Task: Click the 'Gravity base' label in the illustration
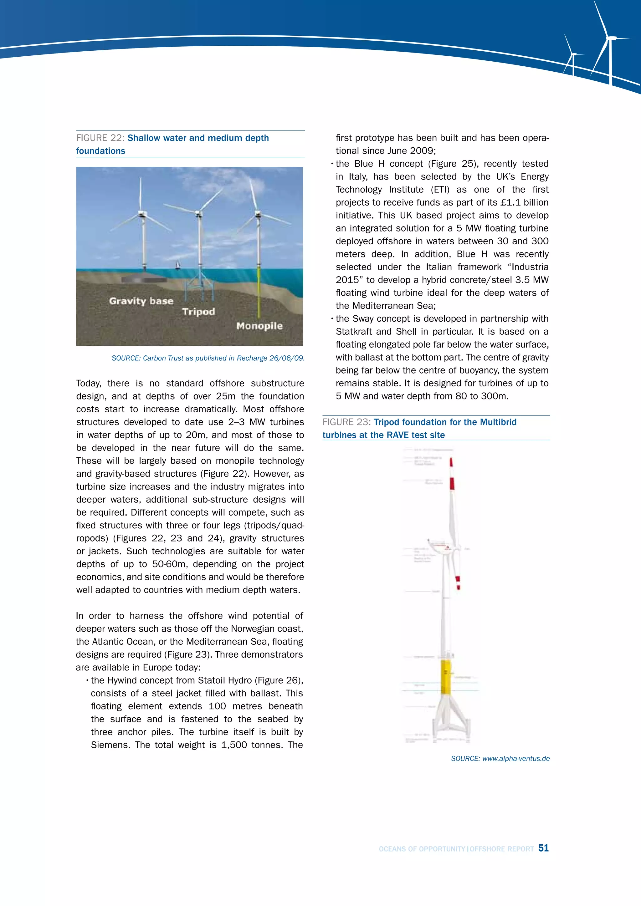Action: point(141,301)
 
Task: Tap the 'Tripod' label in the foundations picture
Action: point(198,312)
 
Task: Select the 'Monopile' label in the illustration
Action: point(259,326)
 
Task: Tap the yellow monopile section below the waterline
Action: point(259,292)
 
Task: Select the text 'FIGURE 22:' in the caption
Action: point(100,138)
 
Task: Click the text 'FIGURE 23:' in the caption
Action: point(346,422)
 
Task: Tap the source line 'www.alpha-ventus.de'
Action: point(515,758)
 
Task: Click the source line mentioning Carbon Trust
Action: point(208,358)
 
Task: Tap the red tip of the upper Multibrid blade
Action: point(451,462)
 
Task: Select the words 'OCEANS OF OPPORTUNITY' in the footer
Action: point(422,849)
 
